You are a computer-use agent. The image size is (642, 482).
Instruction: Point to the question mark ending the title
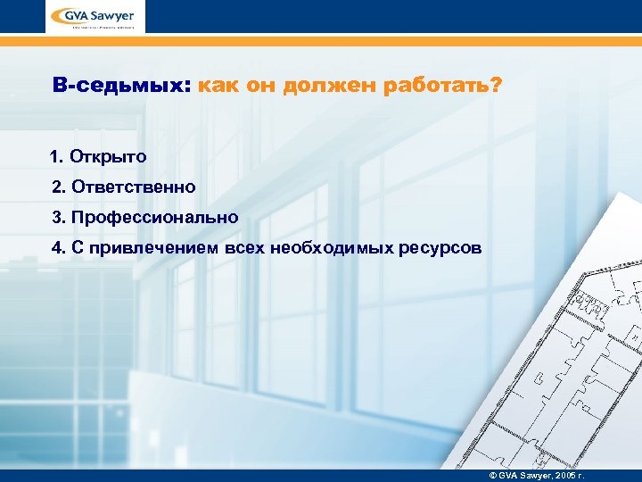coord(496,87)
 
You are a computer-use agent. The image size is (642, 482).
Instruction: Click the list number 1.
coord(56,157)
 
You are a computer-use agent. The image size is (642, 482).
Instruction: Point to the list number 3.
coord(56,218)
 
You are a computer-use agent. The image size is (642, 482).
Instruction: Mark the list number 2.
coord(56,187)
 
